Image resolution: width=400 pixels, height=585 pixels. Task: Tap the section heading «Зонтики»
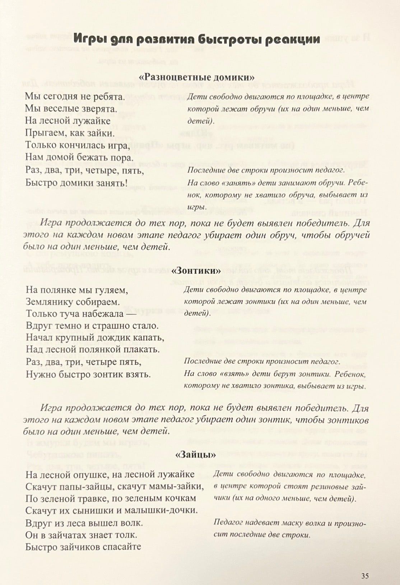click(x=196, y=270)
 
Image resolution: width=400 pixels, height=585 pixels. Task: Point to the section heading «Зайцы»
click(x=196, y=455)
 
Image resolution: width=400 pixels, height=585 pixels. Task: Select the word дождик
click(x=122, y=338)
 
